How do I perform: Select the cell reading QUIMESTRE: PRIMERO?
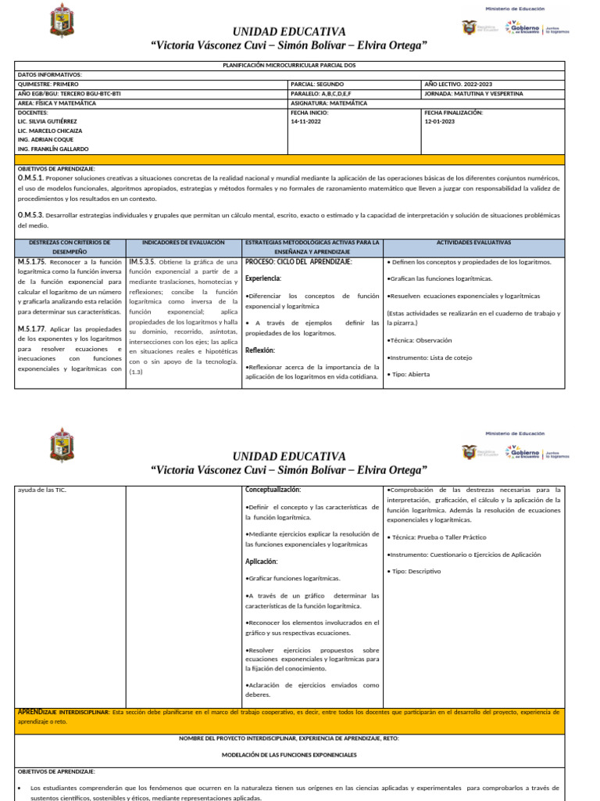pos(48,84)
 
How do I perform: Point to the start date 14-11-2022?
pos(306,121)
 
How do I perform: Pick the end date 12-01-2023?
pos(440,121)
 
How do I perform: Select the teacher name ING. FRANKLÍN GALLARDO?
pos(52,149)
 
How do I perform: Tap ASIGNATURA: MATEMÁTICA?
pos(330,102)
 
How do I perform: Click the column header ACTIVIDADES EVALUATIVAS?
pos(473,243)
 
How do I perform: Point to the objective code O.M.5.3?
pos(31,214)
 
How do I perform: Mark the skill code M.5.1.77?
pos(34,329)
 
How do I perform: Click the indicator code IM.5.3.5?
pos(145,261)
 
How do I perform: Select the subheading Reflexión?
pos(260,350)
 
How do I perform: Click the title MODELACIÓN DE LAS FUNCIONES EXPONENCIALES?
pos(289,755)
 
